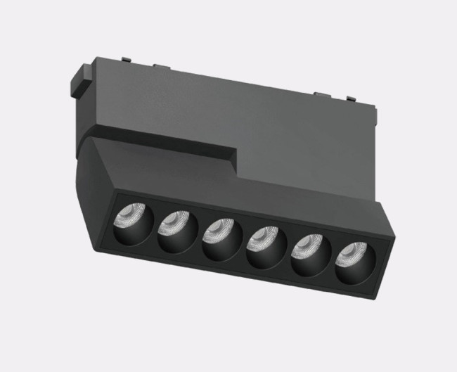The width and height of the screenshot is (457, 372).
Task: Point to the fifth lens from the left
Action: [307, 247]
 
